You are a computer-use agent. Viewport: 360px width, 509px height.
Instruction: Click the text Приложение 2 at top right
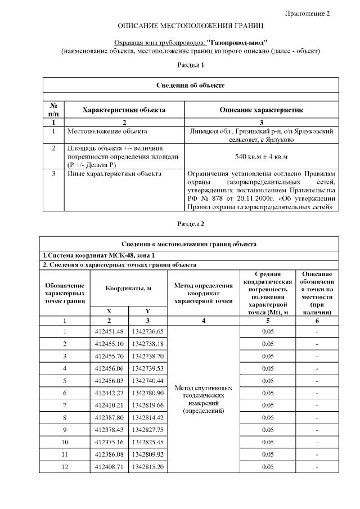click(x=315, y=13)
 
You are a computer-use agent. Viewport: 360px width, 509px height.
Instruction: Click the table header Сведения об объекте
click(x=190, y=85)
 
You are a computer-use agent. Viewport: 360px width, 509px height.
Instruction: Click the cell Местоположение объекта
click(x=107, y=132)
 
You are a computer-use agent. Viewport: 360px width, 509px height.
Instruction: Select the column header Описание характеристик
click(x=262, y=110)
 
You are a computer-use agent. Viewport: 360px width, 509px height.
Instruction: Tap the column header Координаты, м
click(x=129, y=288)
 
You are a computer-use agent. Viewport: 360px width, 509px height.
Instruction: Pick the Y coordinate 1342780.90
click(x=147, y=393)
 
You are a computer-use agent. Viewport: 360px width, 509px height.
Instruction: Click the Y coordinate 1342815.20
click(x=147, y=467)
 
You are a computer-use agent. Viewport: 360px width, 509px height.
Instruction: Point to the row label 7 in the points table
click(x=65, y=405)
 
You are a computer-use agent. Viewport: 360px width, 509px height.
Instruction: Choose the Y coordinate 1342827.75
click(x=147, y=430)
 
